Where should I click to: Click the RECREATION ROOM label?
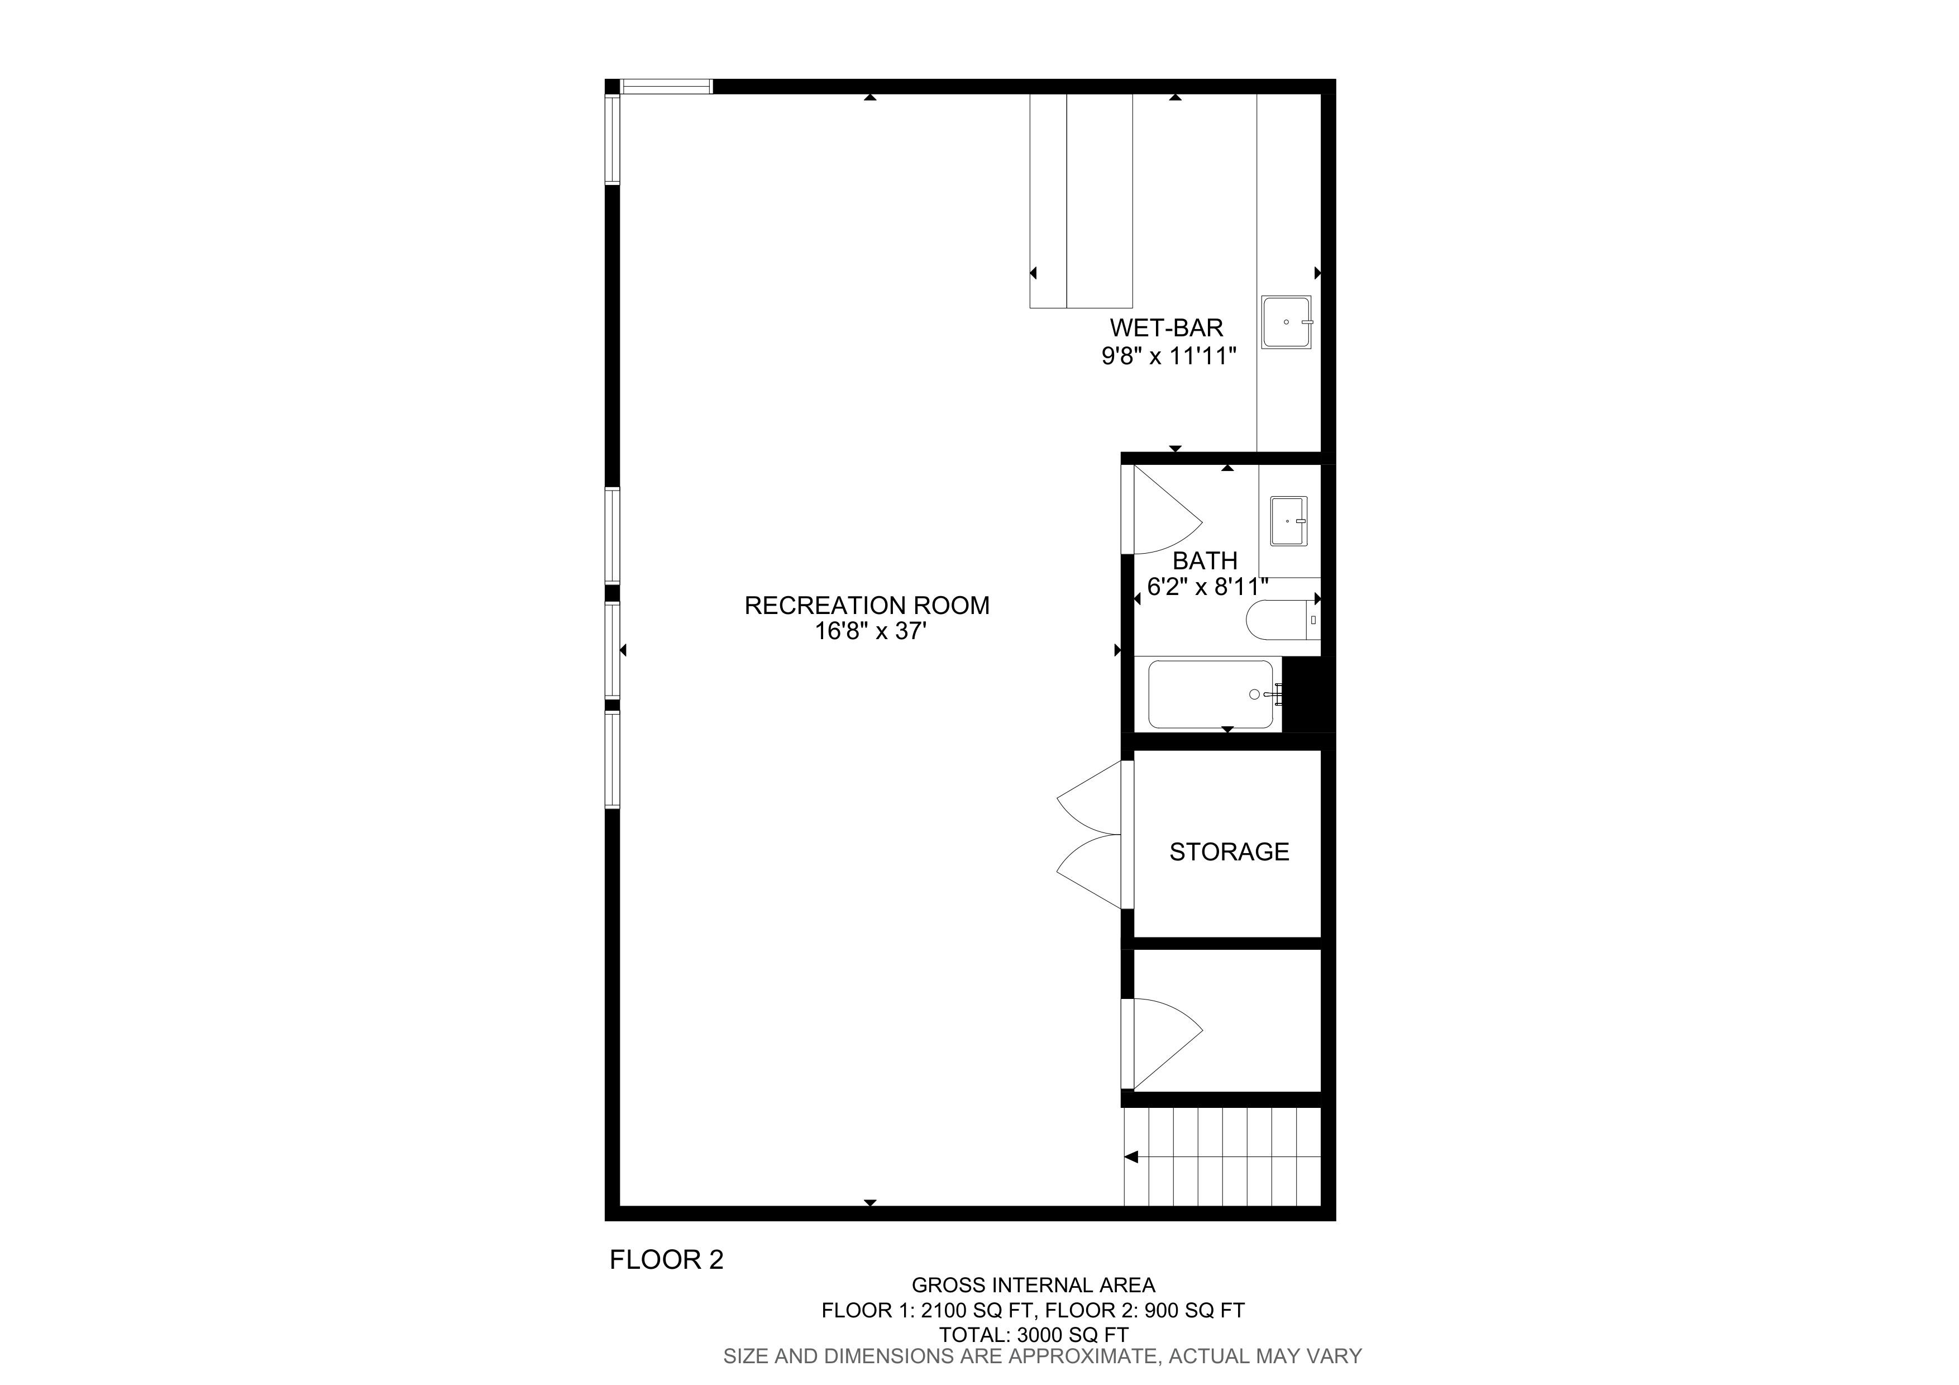[x=867, y=605]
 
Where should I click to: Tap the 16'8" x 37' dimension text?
[x=870, y=631]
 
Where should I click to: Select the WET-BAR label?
[x=1167, y=328]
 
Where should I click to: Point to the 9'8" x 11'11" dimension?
[x=1169, y=356]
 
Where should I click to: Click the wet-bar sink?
[x=1287, y=322]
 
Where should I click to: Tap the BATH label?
[x=1205, y=561]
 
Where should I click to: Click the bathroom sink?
[x=1288, y=521]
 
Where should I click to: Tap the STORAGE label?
[x=1229, y=851]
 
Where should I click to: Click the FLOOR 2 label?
[x=666, y=1259]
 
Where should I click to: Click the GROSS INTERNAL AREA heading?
[x=1033, y=1285]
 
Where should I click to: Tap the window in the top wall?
[x=666, y=86]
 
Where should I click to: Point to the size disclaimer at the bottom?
[x=1043, y=1356]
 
